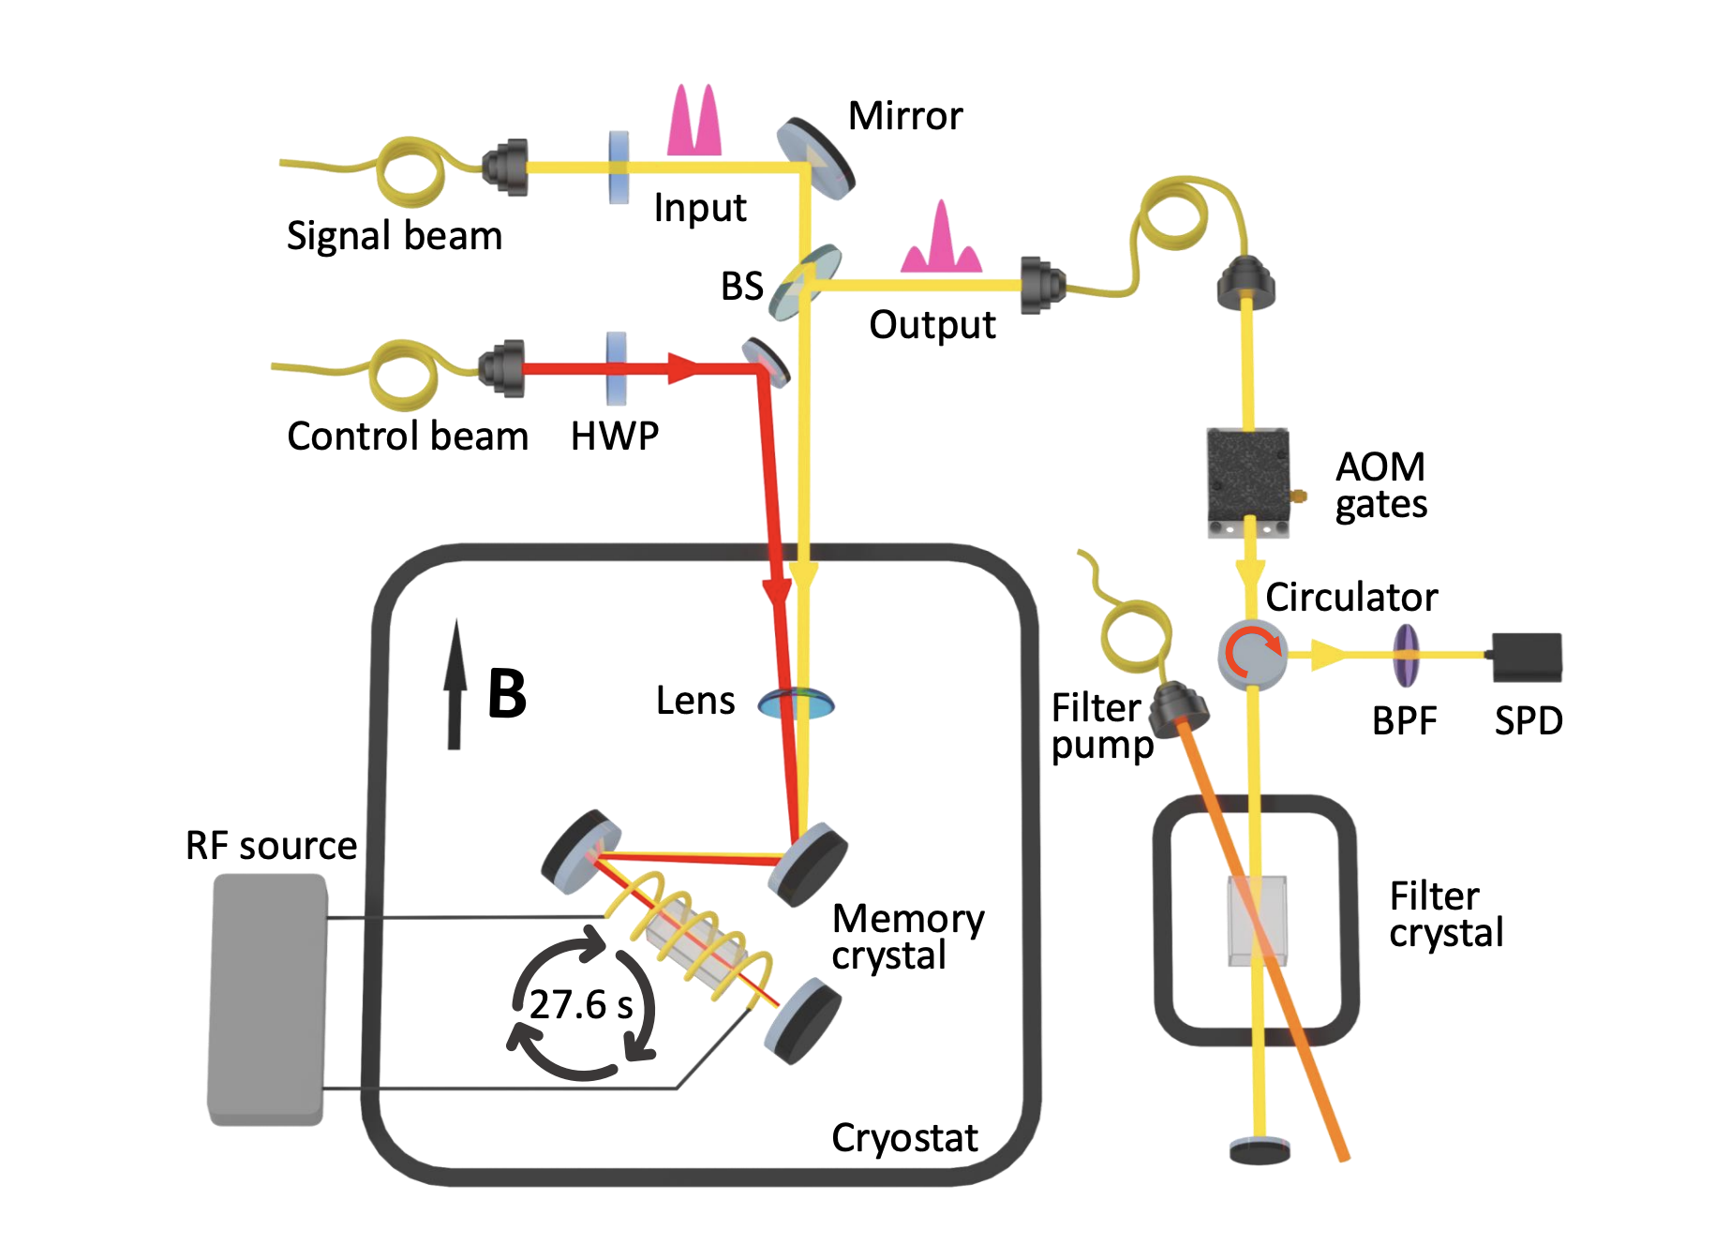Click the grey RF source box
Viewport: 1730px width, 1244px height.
[267, 998]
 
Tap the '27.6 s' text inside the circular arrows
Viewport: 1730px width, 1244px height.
[581, 1005]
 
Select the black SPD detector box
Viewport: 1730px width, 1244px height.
[1527, 657]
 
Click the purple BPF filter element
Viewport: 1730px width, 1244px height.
[1405, 656]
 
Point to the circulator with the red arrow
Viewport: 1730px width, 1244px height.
[1253, 654]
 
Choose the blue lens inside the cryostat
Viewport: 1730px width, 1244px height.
[796, 703]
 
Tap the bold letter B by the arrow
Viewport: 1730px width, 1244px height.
[507, 694]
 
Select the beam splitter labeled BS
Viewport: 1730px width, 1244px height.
[804, 281]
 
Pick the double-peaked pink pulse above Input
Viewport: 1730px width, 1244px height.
[694, 122]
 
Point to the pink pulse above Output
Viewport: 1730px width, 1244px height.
[941, 241]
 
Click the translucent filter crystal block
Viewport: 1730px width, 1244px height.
[1257, 920]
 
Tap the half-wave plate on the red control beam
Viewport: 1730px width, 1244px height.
[616, 368]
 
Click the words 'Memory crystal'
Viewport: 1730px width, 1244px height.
[907, 936]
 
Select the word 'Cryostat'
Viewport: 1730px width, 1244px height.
[904, 1137]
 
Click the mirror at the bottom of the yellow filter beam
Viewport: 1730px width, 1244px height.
[1260, 1149]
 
